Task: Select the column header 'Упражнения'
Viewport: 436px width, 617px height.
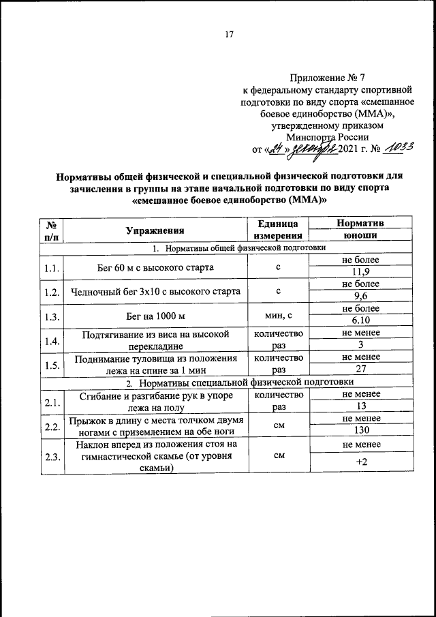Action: pos(155,230)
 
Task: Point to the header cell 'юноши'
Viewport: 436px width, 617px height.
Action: pos(360,236)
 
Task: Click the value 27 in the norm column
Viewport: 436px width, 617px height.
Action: pos(360,370)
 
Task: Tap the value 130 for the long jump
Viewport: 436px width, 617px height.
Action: pos(360,431)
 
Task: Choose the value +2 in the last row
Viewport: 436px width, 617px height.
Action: pos(360,463)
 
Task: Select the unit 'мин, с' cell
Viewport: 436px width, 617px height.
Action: pos(278,316)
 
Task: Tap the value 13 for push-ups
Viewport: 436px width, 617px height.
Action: pos(360,407)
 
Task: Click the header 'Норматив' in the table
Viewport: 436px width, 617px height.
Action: pos(360,223)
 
